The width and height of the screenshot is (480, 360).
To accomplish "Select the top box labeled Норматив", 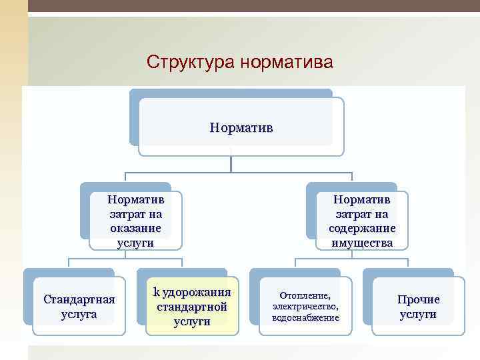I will (241, 127).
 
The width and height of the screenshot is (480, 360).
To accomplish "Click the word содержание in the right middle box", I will (362, 228).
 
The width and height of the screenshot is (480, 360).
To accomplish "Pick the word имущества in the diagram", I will (362, 243).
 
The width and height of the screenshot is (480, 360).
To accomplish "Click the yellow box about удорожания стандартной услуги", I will (192, 305).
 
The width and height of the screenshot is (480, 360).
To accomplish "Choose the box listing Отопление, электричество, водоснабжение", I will (305, 305).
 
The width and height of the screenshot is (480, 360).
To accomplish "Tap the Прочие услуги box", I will (418, 306).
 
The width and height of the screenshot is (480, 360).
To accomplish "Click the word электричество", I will (305, 306).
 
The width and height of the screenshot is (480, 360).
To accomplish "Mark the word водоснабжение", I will (305, 317).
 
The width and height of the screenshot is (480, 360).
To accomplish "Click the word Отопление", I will (305, 295).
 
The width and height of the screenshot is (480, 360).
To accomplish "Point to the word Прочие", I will (419, 299).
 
